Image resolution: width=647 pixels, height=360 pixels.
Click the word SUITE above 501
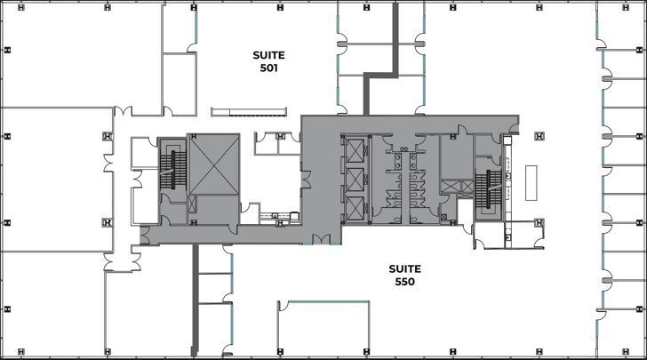pos(268,55)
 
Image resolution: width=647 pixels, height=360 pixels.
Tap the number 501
pos(268,68)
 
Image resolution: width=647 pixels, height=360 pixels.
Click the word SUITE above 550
pos(404,269)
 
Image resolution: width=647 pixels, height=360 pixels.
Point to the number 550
pos(404,282)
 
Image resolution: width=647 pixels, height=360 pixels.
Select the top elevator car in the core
pos(355,151)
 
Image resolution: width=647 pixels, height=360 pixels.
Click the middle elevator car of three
pos(355,180)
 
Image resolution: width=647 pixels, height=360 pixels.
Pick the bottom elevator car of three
pos(355,209)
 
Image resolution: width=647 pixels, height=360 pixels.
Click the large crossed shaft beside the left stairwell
pos(213,164)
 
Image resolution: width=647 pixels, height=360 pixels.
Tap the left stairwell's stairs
pos(173,170)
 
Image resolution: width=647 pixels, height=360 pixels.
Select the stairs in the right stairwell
pos(488,189)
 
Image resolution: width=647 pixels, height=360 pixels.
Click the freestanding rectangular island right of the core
pos(531,183)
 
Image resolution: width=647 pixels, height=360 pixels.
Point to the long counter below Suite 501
pos(249,112)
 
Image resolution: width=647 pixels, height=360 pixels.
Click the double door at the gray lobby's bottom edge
pos(321,239)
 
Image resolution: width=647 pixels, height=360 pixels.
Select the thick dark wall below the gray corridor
pos(196,300)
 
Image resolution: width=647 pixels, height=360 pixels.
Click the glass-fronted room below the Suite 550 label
pos(323,328)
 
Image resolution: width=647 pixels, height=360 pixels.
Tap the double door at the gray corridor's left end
pos(145,236)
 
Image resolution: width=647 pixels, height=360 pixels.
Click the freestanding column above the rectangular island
pos(539,136)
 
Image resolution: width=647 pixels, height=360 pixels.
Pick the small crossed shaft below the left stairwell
pos(192,204)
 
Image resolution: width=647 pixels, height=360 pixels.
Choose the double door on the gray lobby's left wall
pos(306,180)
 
